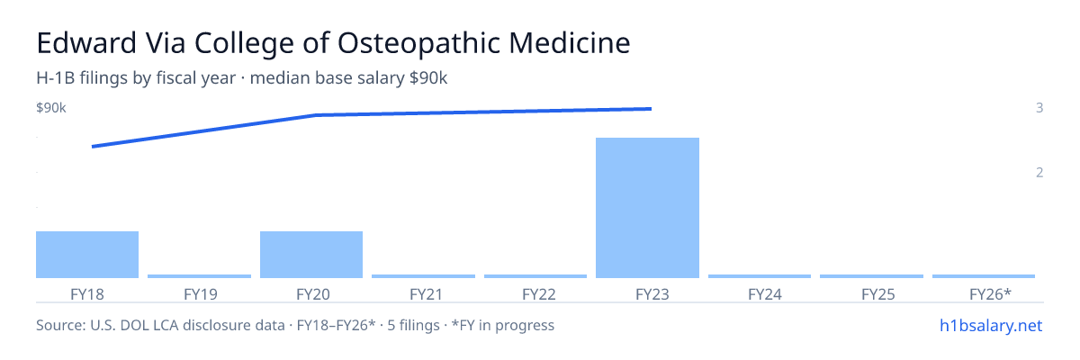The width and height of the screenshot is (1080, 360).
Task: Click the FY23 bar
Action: pos(647,208)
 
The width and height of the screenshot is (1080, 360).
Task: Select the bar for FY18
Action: pos(87,255)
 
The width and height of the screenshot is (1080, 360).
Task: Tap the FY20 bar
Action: pos(311,255)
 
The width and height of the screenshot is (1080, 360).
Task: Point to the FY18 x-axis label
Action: pos(87,294)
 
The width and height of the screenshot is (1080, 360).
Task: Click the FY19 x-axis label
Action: pos(201,294)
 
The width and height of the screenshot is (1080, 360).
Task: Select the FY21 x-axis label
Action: pos(427,294)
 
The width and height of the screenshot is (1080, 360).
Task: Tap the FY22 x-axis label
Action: pos(539,294)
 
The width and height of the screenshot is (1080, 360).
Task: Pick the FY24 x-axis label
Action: pos(765,294)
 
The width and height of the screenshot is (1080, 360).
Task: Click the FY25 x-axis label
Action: pos(878,294)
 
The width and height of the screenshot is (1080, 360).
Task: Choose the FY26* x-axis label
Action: pos(990,294)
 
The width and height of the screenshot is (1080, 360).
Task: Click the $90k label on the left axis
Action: pos(51,108)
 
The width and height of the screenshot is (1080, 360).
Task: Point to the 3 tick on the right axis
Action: pos(1039,108)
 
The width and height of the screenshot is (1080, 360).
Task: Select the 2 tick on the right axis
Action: pos(1039,173)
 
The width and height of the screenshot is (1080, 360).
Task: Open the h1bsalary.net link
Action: pos(991,326)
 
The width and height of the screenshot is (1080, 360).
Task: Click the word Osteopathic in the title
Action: pos(419,43)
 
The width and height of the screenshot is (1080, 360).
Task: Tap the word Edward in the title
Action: pos(86,43)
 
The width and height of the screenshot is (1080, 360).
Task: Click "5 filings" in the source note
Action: pos(413,326)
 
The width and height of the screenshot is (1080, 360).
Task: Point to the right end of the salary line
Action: pos(652,109)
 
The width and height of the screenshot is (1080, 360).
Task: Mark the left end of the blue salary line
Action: pos(92,147)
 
